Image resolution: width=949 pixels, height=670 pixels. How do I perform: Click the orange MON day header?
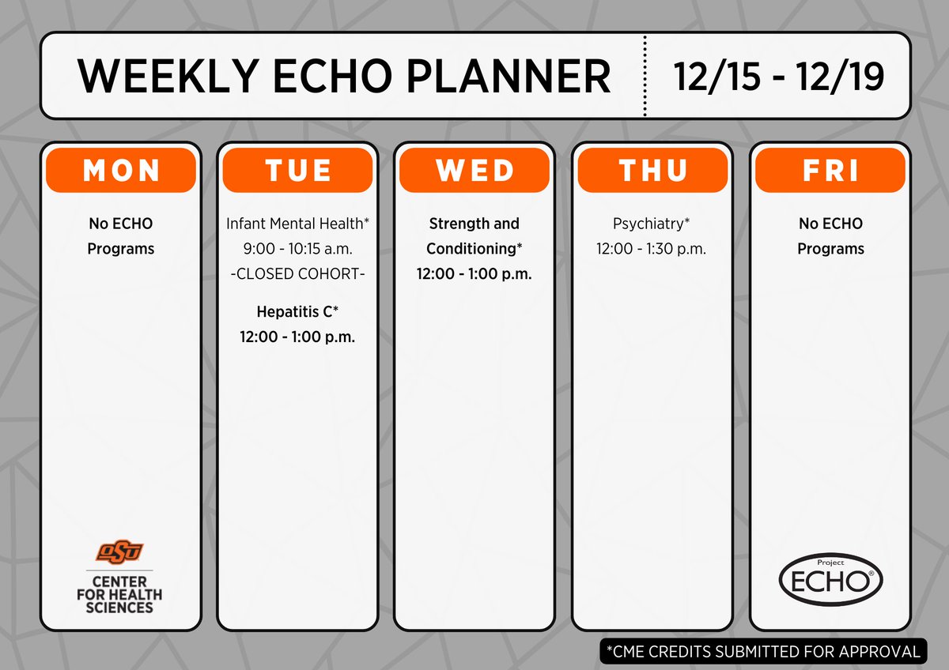(x=120, y=170)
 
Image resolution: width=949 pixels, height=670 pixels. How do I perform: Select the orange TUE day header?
(x=297, y=170)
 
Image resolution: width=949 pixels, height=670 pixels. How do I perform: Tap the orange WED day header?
(x=474, y=170)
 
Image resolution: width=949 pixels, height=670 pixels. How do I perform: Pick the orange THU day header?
(x=652, y=170)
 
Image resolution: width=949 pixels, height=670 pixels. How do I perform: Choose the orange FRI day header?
(x=830, y=170)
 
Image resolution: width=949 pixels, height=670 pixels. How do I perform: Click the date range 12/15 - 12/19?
(x=779, y=76)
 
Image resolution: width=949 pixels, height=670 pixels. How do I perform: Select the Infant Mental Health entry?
(x=297, y=224)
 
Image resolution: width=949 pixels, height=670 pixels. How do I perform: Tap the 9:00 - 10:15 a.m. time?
(x=297, y=248)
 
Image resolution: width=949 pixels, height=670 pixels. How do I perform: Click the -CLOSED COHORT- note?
(x=297, y=273)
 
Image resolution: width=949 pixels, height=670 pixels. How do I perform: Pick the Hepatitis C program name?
(x=297, y=311)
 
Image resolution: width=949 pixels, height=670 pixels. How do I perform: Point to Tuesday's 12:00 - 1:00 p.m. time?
(x=297, y=337)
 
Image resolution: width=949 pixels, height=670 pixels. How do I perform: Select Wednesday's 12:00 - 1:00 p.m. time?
(x=474, y=274)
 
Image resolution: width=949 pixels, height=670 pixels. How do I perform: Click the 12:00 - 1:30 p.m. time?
(x=652, y=248)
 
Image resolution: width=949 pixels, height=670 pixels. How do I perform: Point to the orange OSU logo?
(x=120, y=551)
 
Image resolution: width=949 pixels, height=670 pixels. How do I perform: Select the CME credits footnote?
(x=762, y=652)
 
